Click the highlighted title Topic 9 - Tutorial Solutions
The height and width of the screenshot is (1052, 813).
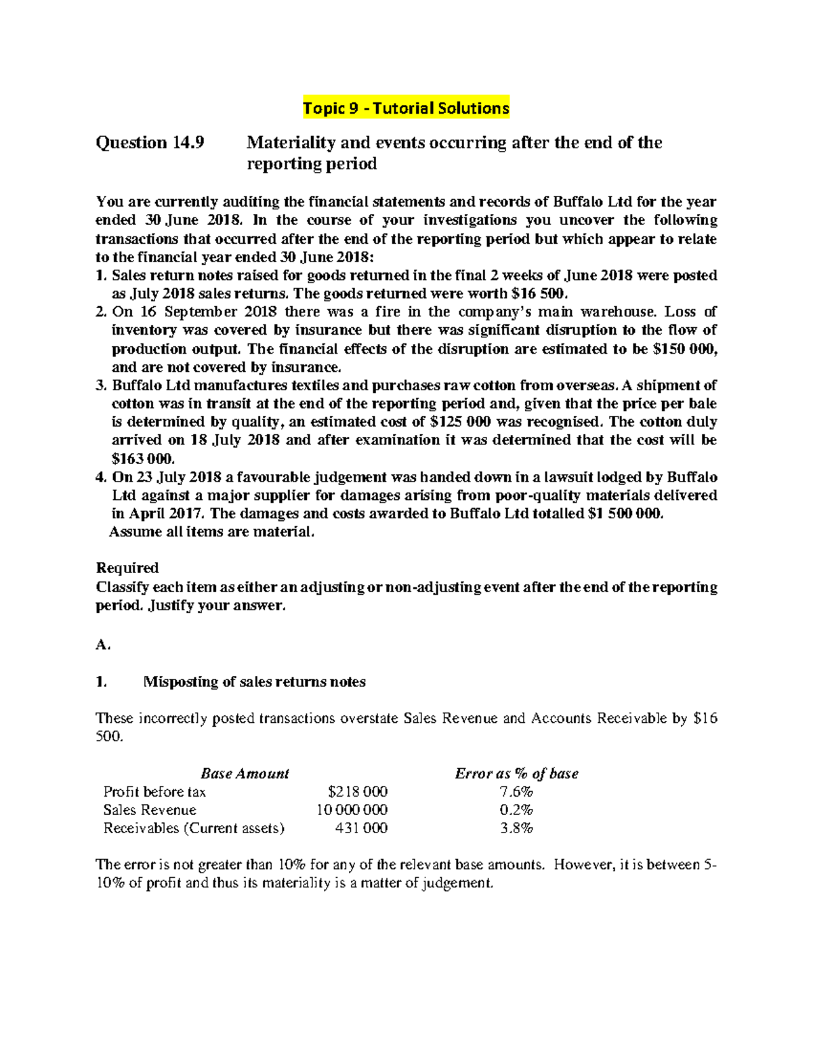(x=405, y=108)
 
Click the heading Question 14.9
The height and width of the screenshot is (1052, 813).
(x=150, y=143)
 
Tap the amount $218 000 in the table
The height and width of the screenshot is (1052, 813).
(x=357, y=792)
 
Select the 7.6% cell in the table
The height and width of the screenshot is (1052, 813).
(x=516, y=792)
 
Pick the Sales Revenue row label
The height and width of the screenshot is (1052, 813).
(x=150, y=810)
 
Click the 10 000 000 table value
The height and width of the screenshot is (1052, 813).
(x=352, y=810)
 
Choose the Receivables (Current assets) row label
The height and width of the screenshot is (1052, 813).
(x=194, y=828)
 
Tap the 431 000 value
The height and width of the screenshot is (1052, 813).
(x=362, y=828)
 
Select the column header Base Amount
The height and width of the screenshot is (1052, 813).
(x=245, y=774)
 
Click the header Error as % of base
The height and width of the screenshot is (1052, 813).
(x=516, y=774)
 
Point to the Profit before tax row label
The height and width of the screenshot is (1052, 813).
(x=154, y=792)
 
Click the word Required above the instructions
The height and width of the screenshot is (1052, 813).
(x=127, y=568)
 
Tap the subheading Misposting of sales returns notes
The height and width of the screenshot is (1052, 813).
(x=254, y=682)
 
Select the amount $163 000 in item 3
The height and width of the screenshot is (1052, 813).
(x=138, y=459)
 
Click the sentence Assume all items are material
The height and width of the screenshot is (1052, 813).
(x=212, y=532)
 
